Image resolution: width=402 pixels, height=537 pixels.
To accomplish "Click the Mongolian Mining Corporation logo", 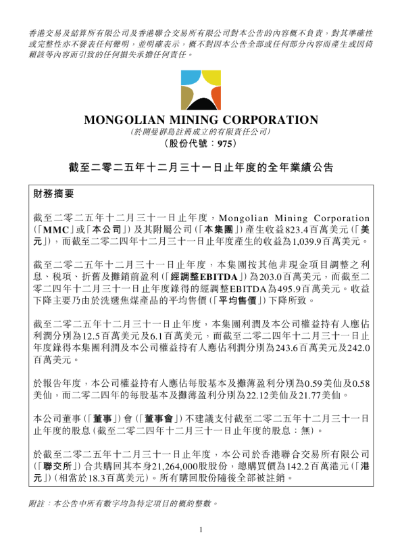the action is click(201, 91).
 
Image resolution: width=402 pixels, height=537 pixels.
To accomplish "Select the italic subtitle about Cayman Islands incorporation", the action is click(201, 132).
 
